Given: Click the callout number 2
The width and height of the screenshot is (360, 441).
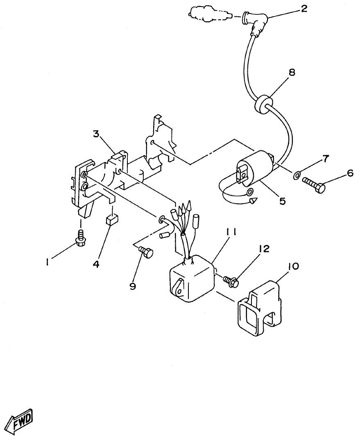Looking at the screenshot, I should tap(303, 9).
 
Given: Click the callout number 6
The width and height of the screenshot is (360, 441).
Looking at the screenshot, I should tap(350, 173).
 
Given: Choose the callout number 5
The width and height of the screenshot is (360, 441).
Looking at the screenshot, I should tap(283, 202).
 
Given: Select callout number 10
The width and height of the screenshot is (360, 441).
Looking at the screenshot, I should tap(293, 266).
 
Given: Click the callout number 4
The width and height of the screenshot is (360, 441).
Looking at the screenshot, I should tap(96, 264).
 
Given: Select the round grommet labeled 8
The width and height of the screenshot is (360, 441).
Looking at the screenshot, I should tap(263, 104).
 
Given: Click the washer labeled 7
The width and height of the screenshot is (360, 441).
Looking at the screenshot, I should tap(296, 177).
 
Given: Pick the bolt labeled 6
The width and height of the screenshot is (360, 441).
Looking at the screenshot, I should tap(314, 185).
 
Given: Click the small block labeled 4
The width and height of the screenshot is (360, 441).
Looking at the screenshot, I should tap(112, 221).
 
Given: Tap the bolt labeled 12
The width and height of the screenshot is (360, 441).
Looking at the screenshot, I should tap(231, 281).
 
